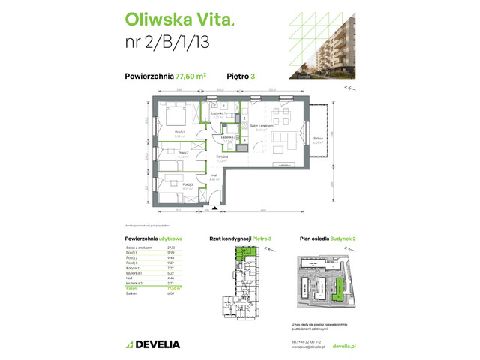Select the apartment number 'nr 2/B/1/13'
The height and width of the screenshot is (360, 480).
tap(166, 42)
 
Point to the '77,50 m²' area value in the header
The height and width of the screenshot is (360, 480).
tap(190, 75)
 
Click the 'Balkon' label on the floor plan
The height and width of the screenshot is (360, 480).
tap(318, 139)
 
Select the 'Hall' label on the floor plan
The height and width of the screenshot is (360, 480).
tap(214, 176)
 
